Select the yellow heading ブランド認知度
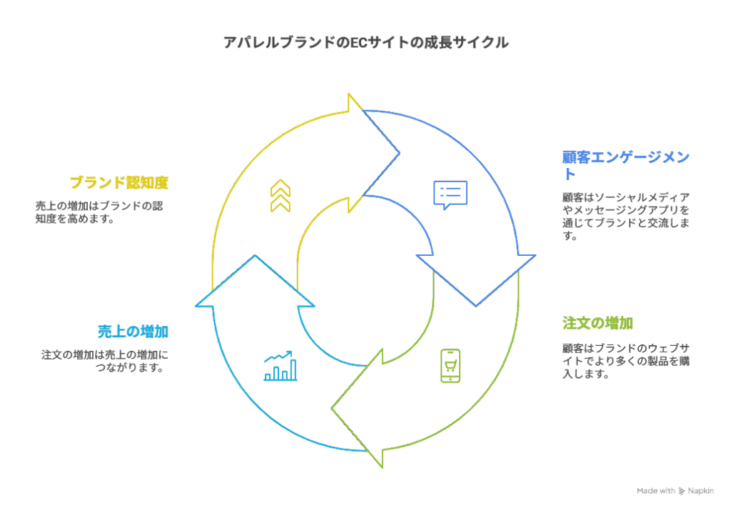tap(119, 183)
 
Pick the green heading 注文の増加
tap(598, 323)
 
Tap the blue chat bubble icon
tap(450, 194)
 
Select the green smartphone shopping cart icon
tap(450, 366)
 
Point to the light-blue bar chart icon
tap(280, 366)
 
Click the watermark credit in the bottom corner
tap(675, 491)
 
